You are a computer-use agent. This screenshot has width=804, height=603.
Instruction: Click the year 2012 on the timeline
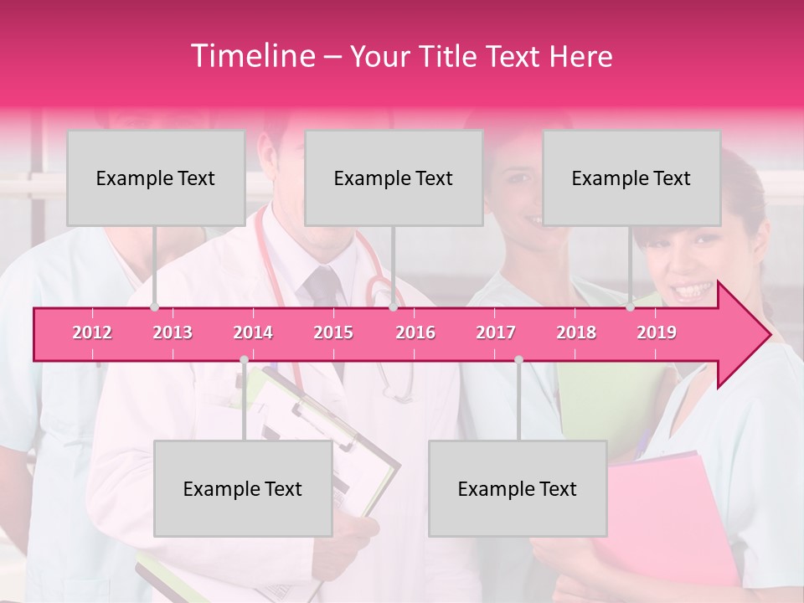92,332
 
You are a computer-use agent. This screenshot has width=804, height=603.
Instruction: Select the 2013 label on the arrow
173,332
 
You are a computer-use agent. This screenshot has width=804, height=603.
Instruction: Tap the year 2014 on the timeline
253,332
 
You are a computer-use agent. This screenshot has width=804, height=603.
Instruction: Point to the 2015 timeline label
333,332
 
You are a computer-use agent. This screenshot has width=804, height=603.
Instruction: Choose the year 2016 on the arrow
415,332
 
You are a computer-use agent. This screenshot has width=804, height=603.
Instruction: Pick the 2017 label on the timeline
496,332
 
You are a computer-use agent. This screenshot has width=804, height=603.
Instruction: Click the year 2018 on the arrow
576,332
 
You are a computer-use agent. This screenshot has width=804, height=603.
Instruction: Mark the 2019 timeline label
657,332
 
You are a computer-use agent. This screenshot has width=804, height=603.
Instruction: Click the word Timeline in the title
251,56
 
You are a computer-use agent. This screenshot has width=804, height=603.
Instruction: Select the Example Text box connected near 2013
156,178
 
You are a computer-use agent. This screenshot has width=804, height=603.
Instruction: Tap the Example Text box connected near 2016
394,178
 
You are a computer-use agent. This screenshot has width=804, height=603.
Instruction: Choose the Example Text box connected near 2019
631,178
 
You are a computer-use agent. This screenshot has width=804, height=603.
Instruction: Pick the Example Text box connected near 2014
243,488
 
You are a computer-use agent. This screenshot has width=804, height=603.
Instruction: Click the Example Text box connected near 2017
518,488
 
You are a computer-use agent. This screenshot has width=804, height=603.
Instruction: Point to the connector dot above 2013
154,307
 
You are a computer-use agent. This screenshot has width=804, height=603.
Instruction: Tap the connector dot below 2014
244,359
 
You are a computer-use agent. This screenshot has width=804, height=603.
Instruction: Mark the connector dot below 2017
518,359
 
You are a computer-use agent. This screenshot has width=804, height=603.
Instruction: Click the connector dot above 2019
631,307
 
